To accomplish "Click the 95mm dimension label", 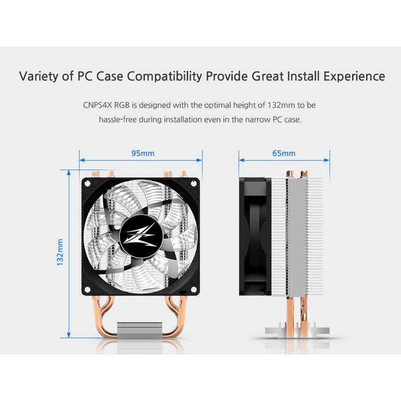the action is pos(143,154).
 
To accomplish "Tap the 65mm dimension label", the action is pos(284,154).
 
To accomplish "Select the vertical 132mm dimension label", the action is pos(60,252).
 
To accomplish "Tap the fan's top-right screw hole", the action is pos(194,183).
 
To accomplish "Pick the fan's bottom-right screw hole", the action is pos(194,289).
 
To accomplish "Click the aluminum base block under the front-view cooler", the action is pos(140,330).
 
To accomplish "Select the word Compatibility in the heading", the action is pos(164,76).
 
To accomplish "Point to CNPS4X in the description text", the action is pos(97,105).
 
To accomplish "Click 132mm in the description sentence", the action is pos(281,105).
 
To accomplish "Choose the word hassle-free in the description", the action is pos(118,119).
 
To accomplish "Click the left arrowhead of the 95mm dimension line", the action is pos(82,160).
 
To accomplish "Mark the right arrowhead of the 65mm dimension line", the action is pos(327,160).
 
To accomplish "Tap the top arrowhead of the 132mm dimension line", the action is pos(69,173).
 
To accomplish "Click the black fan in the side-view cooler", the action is pos(255,237).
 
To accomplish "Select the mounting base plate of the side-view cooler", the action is pos(297,331).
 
